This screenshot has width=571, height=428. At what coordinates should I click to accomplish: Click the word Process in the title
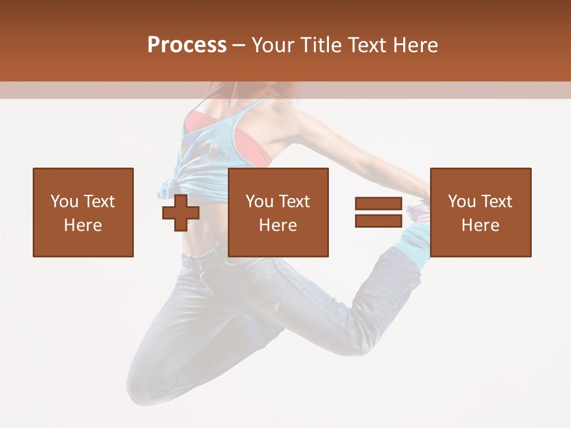pos(187,45)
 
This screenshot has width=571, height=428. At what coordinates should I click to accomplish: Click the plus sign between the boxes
pos(181,213)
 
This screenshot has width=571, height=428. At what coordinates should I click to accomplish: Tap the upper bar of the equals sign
pos(378,203)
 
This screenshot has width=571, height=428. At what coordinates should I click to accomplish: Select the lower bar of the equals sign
pos(378,221)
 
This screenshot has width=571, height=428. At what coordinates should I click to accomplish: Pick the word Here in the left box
pos(83,225)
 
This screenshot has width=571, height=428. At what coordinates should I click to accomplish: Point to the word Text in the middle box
pos(294,202)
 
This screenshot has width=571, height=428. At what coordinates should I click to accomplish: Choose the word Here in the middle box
pos(278,225)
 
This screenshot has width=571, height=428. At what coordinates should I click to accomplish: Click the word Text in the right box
pos(496,202)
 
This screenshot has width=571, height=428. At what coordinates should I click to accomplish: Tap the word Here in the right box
pos(480,225)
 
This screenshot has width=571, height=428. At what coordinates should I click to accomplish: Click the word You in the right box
pos(462,202)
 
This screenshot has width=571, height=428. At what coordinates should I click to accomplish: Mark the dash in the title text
pos(239,45)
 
